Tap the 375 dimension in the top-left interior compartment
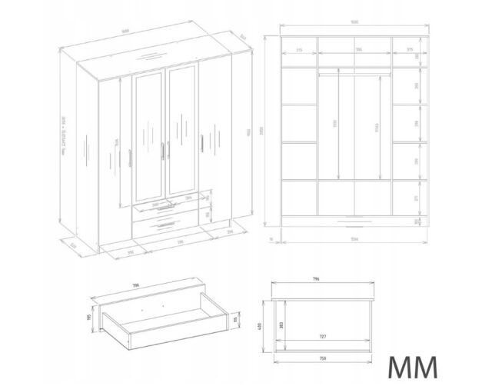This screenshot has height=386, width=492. click(x=298, y=52)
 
